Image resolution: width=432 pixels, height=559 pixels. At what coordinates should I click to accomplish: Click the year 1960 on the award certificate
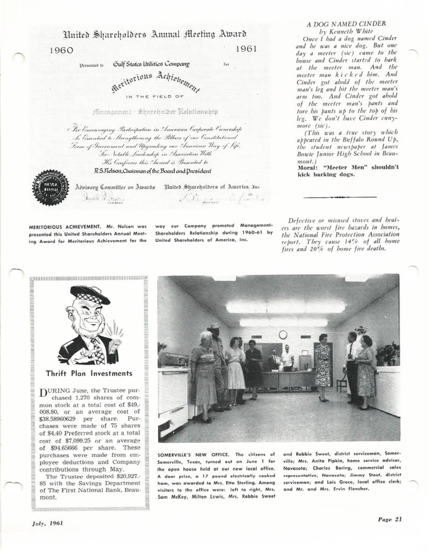(x=62, y=50)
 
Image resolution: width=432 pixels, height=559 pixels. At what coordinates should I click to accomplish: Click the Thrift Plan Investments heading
(x=89, y=373)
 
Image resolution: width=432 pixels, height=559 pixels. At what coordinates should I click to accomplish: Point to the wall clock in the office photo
(x=283, y=334)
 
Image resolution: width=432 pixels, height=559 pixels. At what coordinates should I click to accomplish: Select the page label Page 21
(x=391, y=520)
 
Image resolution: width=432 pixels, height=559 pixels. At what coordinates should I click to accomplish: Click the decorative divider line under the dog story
(x=339, y=197)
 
